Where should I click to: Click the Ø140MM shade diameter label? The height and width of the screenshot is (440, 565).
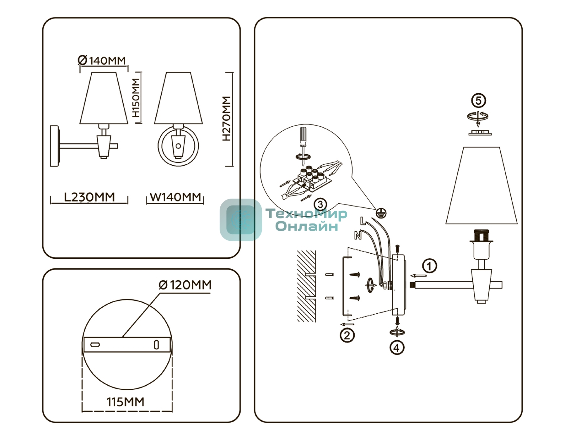[x=102, y=60]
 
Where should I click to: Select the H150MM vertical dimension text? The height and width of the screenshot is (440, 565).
[x=136, y=98]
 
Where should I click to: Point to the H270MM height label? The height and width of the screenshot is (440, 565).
[x=226, y=118]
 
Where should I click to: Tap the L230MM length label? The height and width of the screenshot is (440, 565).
[x=89, y=197]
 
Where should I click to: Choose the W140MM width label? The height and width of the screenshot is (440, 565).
[x=175, y=197]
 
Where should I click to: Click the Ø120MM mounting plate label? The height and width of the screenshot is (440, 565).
[x=185, y=285]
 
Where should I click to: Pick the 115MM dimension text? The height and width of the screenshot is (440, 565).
[x=126, y=402]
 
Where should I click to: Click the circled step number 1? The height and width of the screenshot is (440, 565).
[x=429, y=266]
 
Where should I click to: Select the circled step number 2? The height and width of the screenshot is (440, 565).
[x=347, y=335]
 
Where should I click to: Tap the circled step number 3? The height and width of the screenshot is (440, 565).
[x=320, y=205]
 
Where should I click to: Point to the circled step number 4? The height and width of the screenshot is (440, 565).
[x=397, y=348]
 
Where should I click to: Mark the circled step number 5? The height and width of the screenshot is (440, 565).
[x=478, y=101]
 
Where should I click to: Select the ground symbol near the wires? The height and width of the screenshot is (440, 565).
[x=381, y=213]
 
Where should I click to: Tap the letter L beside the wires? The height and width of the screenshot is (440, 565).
[x=363, y=221]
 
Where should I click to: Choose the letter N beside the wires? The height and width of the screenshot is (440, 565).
[x=358, y=235]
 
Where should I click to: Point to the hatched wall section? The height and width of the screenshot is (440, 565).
[x=306, y=286]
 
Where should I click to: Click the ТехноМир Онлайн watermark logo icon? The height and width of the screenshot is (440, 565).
[x=241, y=220]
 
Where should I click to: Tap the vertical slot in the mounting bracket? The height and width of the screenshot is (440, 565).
[x=156, y=344]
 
